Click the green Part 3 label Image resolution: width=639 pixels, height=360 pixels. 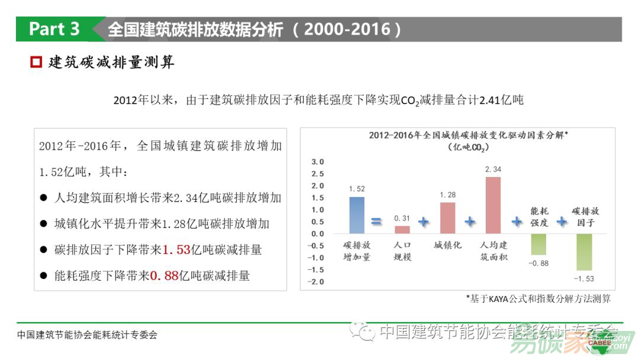(x=54, y=29)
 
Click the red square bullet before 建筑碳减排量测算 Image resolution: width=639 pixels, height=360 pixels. (x=36, y=62)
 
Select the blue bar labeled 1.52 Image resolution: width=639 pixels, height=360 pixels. (x=357, y=215)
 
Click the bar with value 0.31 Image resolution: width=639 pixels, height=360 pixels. (x=402, y=230)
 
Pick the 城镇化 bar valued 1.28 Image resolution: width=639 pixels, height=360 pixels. (x=448, y=218)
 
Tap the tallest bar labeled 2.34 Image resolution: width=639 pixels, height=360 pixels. (x=493, y=205)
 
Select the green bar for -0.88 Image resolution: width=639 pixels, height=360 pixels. (x=538, y=244)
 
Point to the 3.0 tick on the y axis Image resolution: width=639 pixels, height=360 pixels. (x=318, y=162)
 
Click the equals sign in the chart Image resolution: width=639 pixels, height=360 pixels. (x=376, y=222)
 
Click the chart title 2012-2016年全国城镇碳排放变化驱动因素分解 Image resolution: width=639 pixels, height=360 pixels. (x=467, y=135)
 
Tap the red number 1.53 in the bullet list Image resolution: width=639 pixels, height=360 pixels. (x=176, y=250)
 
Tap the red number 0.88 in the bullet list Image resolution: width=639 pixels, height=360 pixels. (x=164, y=275)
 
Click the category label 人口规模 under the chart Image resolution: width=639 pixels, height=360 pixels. (x=402, y=250)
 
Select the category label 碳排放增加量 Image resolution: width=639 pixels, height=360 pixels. (x=357, y=250)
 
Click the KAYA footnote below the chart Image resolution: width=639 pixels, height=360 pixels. (x=538, y=298)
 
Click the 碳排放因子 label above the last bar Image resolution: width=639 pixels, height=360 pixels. (x=585, y=217)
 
